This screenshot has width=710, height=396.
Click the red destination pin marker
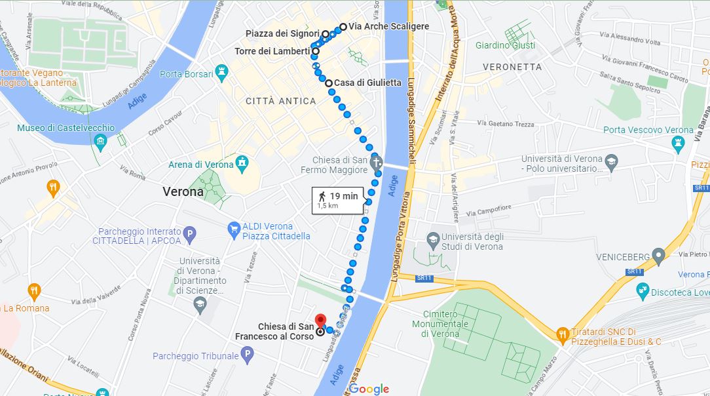[x=320, y=321]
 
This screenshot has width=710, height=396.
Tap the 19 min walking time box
[x=337, y=199]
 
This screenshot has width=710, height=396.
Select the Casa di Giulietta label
[x=367, y=83]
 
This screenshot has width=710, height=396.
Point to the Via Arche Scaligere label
[x=388, y=27]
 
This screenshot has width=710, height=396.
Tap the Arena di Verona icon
[x=243, y=161]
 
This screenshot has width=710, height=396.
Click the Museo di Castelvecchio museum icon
[x=100, y=141]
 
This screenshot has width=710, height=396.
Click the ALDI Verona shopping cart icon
[x=233, y=229]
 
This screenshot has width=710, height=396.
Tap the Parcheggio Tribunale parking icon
[x=247, y=356]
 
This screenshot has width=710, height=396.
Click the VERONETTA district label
[x=512, y=67]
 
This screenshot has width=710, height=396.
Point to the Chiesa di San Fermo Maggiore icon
[x=375, y=161]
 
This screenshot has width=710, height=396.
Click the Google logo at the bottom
[x=369, y=389]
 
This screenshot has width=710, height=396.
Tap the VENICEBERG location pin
[x=659, y=255]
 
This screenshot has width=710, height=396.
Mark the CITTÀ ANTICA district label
[x=280, y=101]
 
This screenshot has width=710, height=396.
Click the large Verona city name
[x=183, y=192]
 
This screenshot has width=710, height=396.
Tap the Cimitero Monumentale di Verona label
[x=445, y=324]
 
